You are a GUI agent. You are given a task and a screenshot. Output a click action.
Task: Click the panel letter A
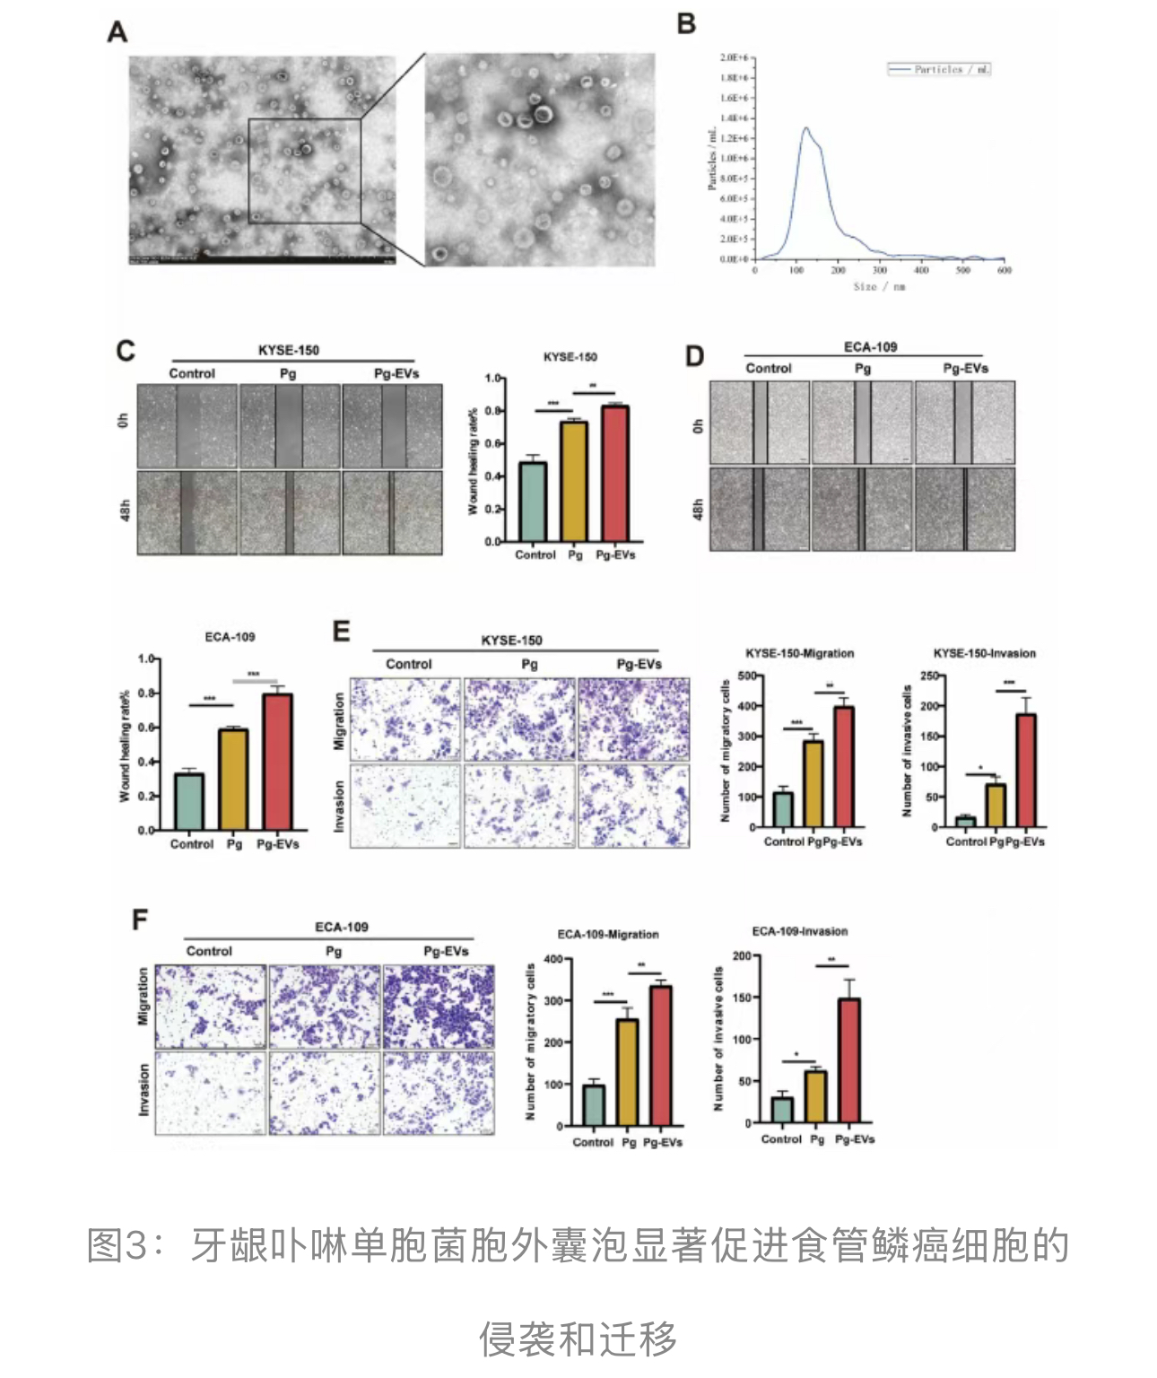click(117, 32)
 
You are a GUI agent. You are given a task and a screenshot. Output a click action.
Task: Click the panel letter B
click(687, 23)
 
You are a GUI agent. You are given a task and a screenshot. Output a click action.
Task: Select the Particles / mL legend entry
click(939, 69)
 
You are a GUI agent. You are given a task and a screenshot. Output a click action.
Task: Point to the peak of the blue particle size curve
click(805, 128)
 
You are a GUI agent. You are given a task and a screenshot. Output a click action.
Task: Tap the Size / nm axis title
click(879, 287)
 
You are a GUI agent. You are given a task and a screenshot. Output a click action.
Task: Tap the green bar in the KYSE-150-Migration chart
click(783, 809)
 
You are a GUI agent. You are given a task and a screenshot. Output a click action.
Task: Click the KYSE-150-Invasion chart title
click(984, 653)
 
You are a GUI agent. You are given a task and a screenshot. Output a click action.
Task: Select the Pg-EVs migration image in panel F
click(439, 1007)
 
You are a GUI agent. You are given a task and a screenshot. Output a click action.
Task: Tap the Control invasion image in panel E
click(405, 805)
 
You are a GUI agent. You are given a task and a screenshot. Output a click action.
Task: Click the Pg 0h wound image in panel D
click(862, 422)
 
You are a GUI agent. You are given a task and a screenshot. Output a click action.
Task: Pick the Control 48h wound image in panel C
click(187, 512)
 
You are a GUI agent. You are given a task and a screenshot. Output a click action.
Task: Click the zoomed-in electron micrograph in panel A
click(540, 159)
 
